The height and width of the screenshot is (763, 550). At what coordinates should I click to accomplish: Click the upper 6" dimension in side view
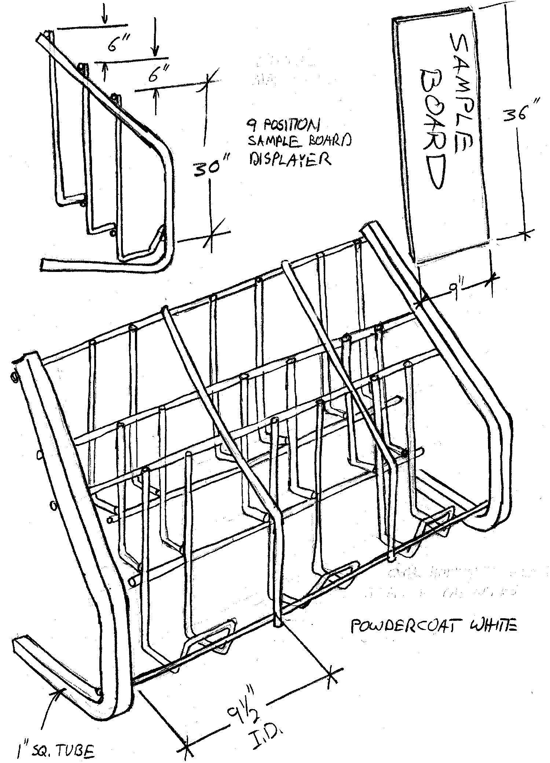118,45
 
